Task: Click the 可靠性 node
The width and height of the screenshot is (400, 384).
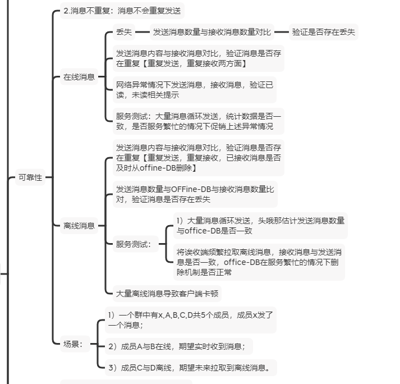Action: [30, 178]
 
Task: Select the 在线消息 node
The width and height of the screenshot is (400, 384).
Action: [79, 77]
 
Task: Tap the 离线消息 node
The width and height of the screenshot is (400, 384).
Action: [79, 226]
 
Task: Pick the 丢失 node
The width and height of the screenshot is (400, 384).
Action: [123, 32]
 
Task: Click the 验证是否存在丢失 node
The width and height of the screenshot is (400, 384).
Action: [324, 32]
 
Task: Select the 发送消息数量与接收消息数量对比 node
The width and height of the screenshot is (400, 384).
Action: [212, 32]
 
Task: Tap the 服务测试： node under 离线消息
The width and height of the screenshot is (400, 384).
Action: [134, 244]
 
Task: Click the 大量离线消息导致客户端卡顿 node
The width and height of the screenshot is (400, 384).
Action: [167, 293]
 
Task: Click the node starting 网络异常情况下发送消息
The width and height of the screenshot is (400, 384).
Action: [195, 90]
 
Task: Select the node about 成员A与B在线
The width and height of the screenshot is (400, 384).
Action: [177, 346]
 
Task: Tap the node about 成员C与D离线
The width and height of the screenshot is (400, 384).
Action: [192, 368]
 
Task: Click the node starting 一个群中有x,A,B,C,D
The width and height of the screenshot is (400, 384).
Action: [191, 319]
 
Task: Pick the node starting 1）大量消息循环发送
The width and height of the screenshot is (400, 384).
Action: [261, 225]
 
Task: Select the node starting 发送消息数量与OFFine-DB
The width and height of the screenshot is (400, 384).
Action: [195, 194]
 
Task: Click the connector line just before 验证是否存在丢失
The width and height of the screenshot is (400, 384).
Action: [281, 32]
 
